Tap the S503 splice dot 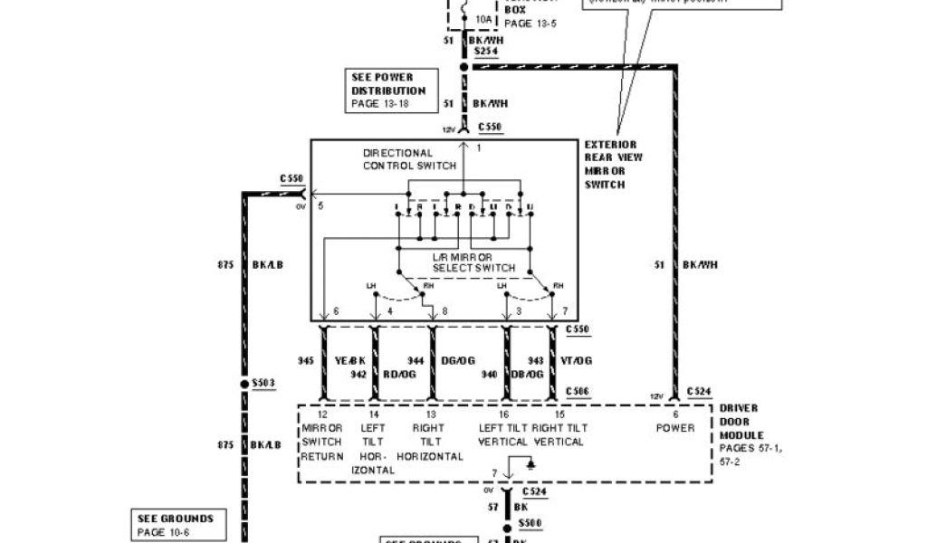pos(244,384)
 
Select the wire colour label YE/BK pos(350,360)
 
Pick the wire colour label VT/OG pos(576,360)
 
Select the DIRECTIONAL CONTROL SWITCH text pos(398,159)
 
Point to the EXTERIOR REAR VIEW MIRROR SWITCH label pos(610,164)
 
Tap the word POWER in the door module pos(675,428)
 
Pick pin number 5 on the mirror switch pos(320,205)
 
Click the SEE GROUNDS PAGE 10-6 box pos(176,525)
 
